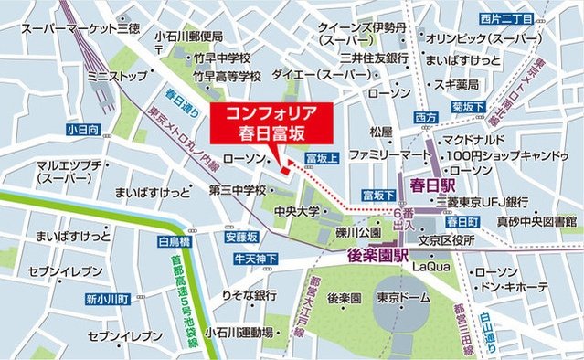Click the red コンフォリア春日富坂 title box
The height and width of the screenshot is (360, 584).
264,122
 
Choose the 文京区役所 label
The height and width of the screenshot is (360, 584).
448,240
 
